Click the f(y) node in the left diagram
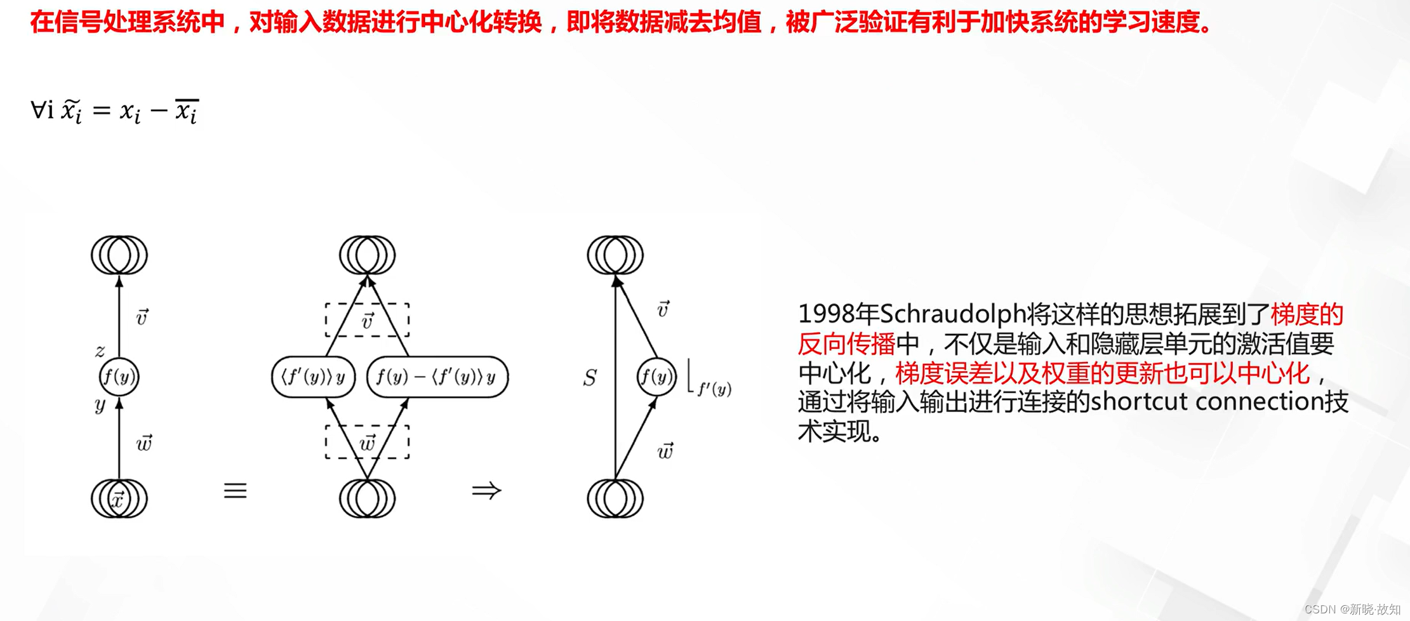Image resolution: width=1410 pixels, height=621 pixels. click(x=119, y=377)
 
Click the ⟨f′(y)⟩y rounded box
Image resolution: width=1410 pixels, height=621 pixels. click(x=313, y=377)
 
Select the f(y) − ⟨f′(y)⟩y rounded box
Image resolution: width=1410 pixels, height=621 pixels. click(x=437, y=377)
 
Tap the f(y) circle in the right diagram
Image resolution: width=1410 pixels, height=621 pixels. click(x=656, y=377)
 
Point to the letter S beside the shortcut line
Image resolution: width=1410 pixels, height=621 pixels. click(x=590, y=378)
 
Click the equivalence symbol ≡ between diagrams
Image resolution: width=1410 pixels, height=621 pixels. click(x=235, y=490)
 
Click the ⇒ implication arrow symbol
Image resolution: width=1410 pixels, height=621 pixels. click(x=486, y=490)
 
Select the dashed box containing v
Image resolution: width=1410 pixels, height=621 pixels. click(x=367, y=320)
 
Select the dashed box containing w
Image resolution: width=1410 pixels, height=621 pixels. click(x=367, y=442)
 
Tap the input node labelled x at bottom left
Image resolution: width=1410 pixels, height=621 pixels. click(x=119, y=499)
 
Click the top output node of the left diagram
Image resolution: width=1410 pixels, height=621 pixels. click(x=119, y=255)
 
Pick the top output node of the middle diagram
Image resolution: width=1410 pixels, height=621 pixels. click(x=367, y=255)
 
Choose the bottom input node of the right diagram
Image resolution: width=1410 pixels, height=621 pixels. click(x=615, y=499)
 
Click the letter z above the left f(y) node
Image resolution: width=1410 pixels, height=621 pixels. click(x=100, y=350)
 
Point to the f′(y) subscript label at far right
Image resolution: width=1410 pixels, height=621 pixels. click(x=714, y=389)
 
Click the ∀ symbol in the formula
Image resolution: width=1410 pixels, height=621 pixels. click(x=38, y=110)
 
